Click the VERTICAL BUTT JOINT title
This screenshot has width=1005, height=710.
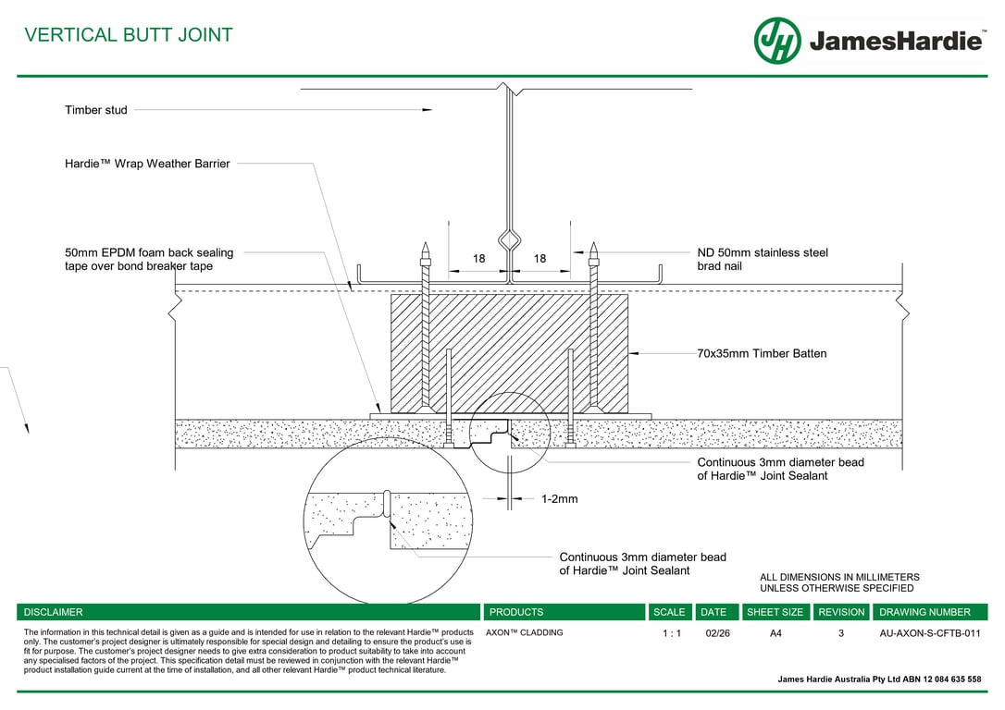129,35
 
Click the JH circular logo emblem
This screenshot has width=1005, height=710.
776,41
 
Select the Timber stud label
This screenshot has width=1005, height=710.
96,110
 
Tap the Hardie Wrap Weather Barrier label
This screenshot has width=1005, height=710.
147,164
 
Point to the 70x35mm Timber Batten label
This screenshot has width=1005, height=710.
762,353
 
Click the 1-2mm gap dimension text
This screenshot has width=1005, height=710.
559,499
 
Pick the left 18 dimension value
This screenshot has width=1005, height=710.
478,260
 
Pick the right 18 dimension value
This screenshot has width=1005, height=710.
540,260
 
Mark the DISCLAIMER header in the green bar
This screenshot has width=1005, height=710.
53,612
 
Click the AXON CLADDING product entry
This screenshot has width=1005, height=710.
524,633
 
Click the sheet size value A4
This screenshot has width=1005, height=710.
775,634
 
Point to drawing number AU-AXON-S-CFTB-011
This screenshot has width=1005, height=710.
929,634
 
